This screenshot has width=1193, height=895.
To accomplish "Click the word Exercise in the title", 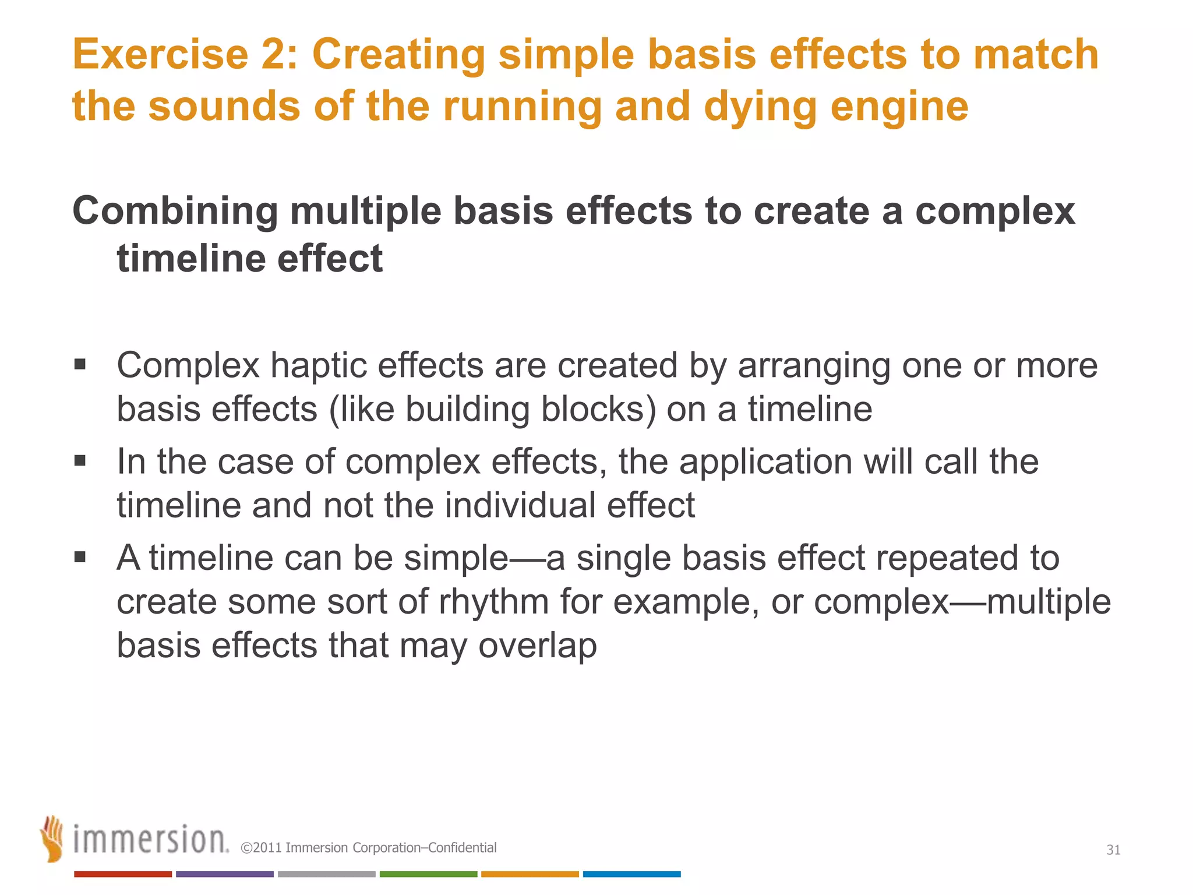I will pyautogui.click(x=160, y=54).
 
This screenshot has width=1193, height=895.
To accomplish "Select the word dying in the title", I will pyautogui.click(x=760, y=107).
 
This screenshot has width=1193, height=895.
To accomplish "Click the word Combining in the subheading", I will pyautogui.click(x=175, y=211).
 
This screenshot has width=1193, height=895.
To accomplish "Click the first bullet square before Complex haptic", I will pyautogui.click(x=80, y=365).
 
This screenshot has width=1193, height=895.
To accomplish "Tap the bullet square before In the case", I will pyautogui.click(x=80, y=461).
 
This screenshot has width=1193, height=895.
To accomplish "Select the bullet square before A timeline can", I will pyautogui.click(x=80, y=558).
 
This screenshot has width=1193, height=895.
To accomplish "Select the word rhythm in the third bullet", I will pyautogui.click(x=494, y=602).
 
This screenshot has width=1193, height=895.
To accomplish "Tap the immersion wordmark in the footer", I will pyautogui.click(x=150, y=840).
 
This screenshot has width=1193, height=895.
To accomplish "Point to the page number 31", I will pyautogui.click(x=1113, y=850).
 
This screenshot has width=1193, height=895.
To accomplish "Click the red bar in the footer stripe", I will pyautogui.click(x=123, y=874).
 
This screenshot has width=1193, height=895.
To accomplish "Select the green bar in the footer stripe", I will pyautogui.click(x=428, y=874).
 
